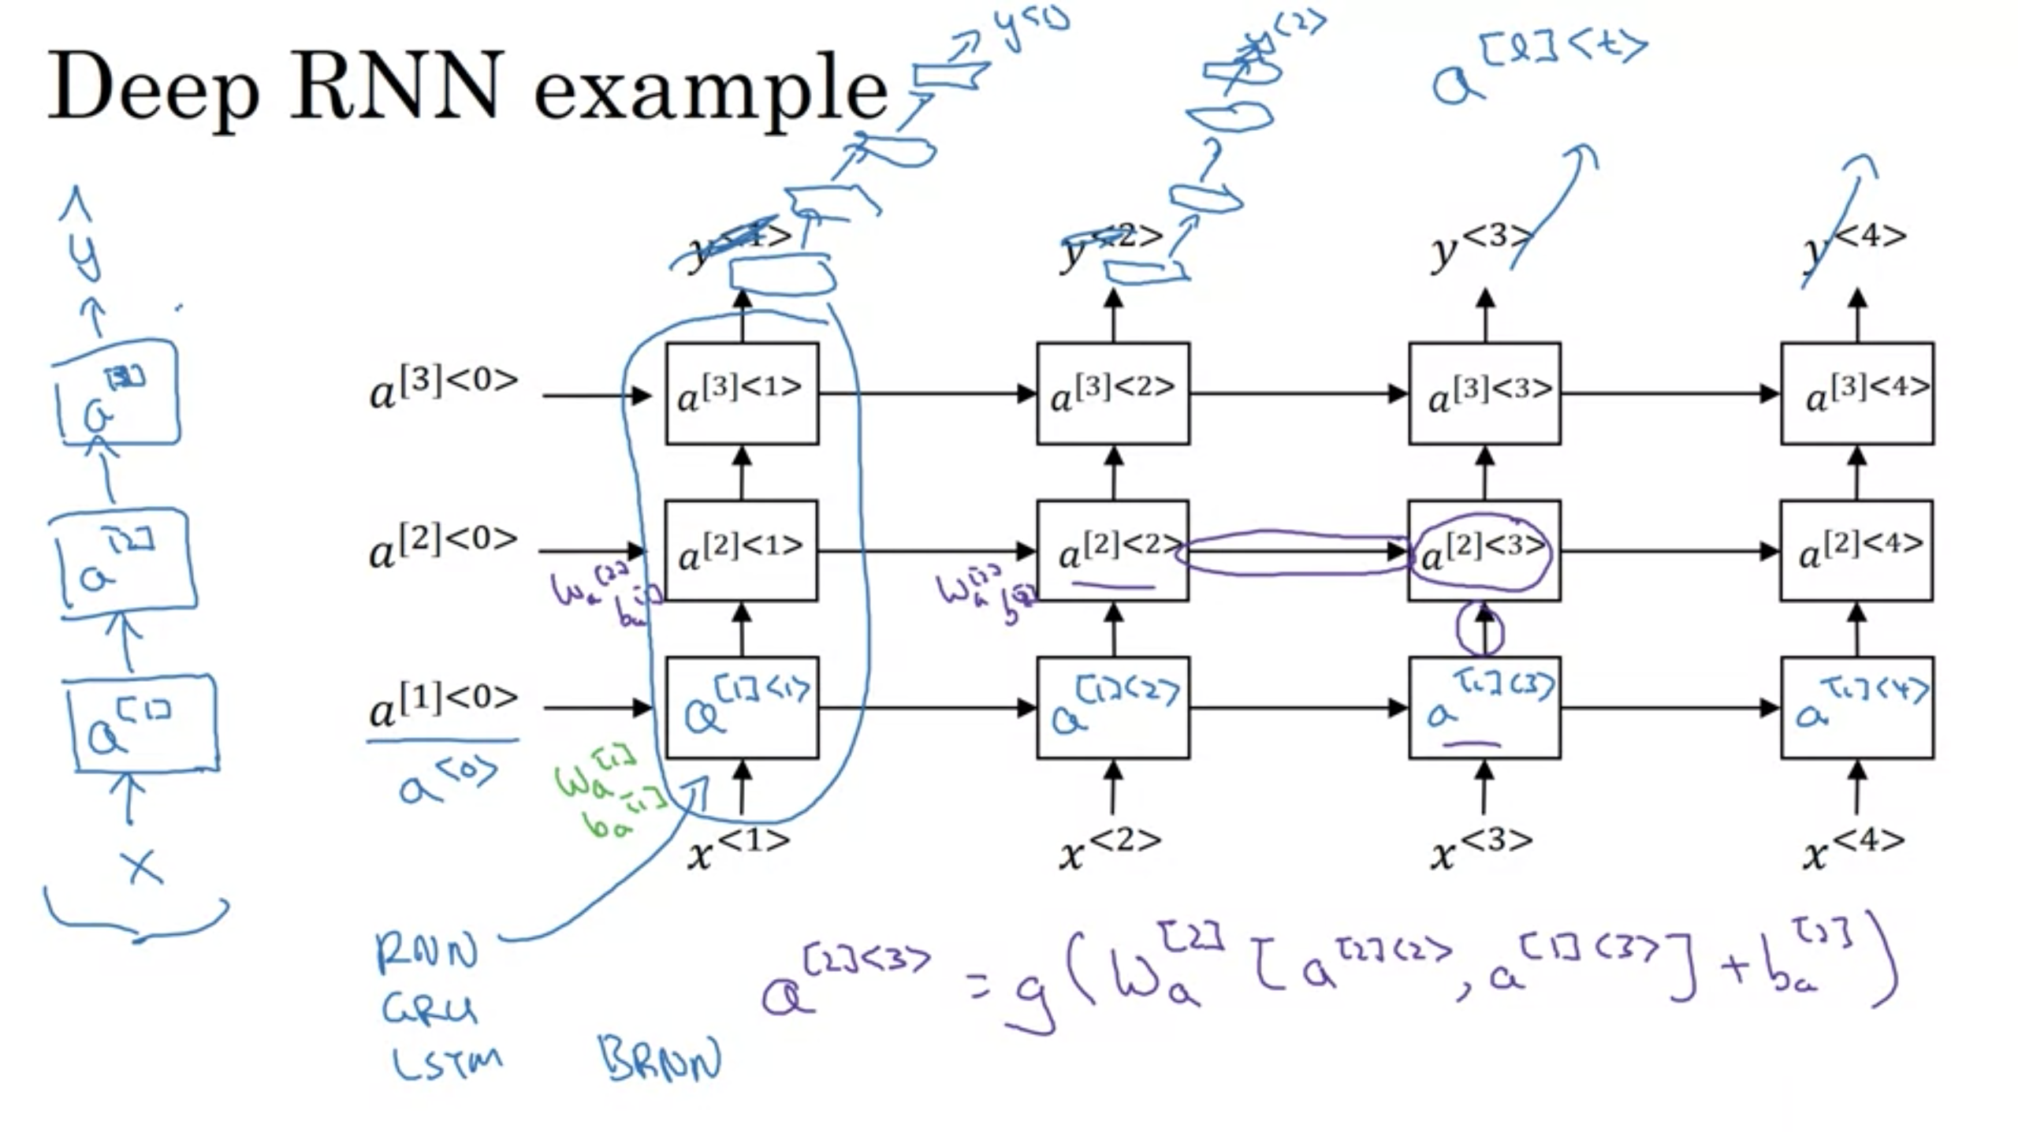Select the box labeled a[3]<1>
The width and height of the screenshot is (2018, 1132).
click(742, 393)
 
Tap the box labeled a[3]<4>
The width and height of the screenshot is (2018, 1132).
click(1857, 393)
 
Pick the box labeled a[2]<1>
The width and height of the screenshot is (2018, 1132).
click(741, 550)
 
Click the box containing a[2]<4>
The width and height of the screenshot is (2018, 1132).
click(1856, 550)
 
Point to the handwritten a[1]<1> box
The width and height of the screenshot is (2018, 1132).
click(742, 707)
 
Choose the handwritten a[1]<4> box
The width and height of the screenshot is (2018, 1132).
click(1857, 707)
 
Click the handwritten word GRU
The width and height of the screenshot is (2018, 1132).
click(430, 1009)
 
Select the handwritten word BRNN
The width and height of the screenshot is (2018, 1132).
click(661, 1059)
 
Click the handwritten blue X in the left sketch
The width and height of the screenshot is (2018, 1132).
click(142, 867)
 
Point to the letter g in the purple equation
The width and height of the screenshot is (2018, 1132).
click(1029, 997)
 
